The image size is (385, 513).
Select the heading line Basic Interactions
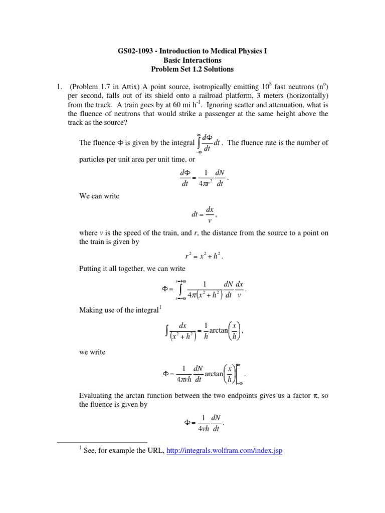pyautogui.click(x=192, y=60)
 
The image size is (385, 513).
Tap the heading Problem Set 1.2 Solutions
pyautogui.click(x=192, y=69)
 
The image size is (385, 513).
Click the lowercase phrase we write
pyautogui.click(x=92, y=352)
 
